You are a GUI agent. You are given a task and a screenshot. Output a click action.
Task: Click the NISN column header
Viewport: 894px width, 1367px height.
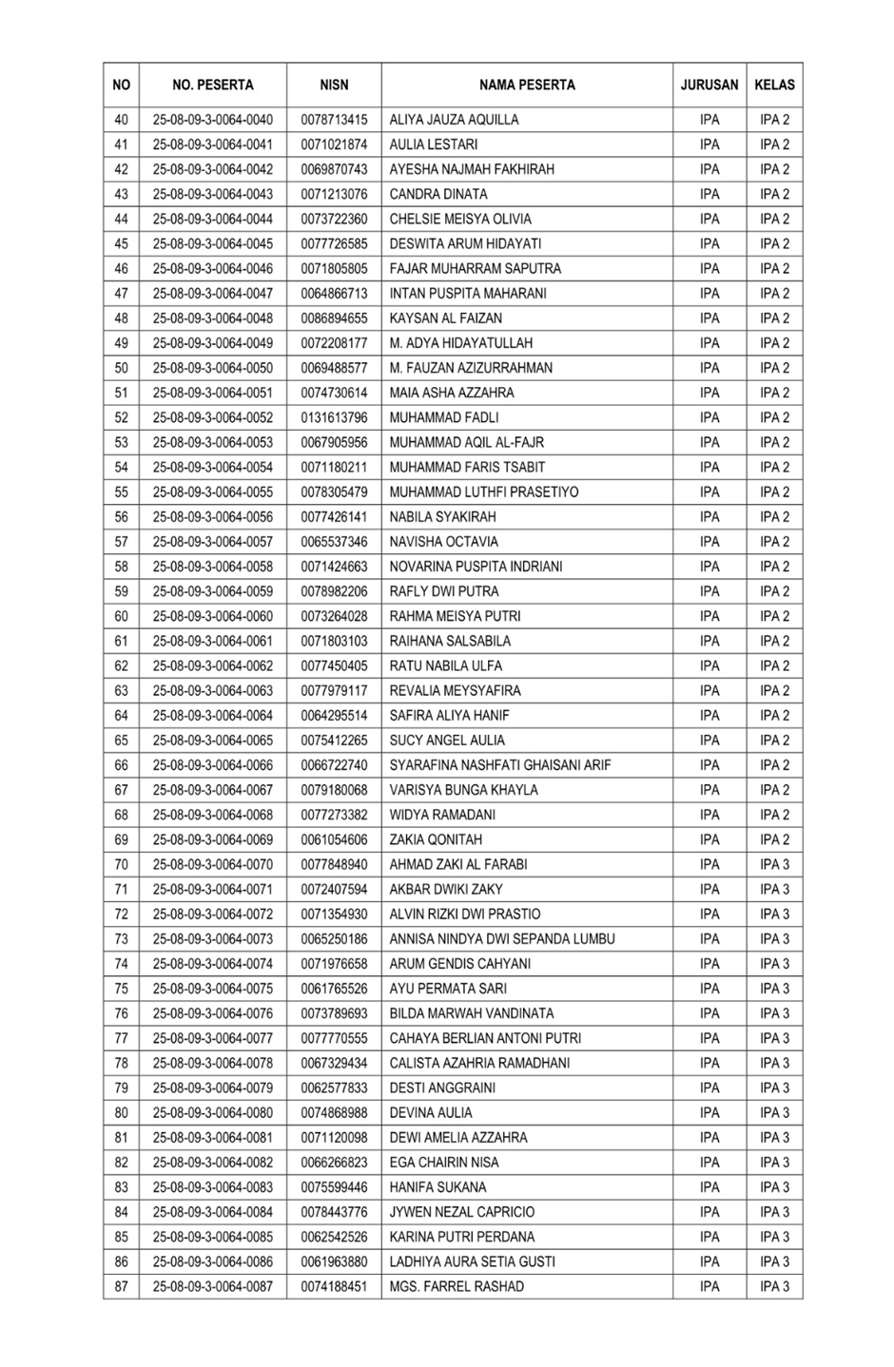[334, 85]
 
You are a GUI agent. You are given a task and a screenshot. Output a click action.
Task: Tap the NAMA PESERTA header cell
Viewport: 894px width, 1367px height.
[527, 85]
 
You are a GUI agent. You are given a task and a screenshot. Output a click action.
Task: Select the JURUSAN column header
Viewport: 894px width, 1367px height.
[709, 85]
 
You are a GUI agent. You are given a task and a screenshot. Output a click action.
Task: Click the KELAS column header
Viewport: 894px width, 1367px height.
[774, 85]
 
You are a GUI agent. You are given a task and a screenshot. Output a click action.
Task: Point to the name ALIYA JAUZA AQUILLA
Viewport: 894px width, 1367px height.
[454, 120]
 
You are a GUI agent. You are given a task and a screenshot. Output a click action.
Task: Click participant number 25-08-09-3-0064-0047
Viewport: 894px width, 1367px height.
[212, 294]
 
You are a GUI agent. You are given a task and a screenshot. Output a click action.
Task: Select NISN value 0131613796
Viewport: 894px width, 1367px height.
[334, 417]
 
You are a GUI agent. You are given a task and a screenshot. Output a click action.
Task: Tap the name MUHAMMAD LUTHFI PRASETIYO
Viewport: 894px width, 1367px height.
[483, 492]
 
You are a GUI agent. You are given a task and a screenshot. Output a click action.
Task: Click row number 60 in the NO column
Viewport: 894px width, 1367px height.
[121, 616]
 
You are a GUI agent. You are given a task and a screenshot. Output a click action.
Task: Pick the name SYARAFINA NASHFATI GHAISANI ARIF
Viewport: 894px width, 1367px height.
[499, 765]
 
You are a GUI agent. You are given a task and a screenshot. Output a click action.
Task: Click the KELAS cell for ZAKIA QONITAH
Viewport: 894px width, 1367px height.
[774, 839]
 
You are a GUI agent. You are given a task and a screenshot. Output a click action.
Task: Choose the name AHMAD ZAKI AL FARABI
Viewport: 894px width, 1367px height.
[457, 864]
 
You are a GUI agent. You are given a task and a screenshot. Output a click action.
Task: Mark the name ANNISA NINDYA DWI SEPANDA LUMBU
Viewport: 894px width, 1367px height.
[501, 939]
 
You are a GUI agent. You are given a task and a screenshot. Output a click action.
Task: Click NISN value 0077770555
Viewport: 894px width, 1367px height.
[334, 1038]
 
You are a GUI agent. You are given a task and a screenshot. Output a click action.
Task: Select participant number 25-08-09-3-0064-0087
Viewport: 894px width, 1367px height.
[212, 1286]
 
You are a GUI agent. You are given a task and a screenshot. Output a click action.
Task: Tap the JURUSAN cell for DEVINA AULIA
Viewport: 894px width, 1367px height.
[709, 1112]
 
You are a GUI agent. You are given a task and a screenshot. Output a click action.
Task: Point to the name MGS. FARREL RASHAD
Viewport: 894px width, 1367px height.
[456, 1286]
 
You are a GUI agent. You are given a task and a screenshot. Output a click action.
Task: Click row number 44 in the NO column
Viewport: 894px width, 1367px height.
[121, 219]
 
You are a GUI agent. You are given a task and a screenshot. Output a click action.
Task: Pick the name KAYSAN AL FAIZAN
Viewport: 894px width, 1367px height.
[445, 318]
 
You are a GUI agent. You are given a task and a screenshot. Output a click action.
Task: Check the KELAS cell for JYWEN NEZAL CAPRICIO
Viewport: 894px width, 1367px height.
[774, 1212]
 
